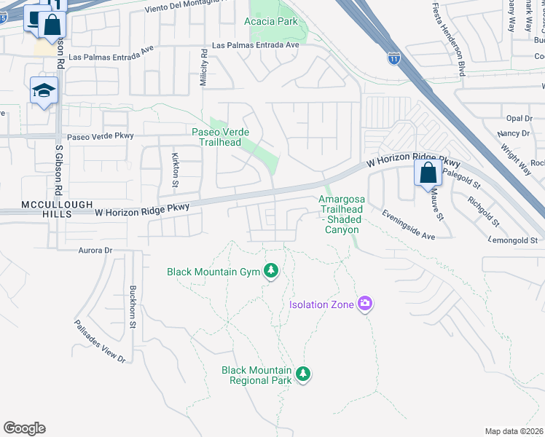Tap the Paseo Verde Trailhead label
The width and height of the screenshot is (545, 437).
point(221,137)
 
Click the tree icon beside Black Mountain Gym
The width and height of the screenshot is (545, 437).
point(271,272)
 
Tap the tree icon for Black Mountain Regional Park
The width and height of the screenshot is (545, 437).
point(303,374)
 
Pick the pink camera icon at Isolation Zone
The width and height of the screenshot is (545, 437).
point(365,304)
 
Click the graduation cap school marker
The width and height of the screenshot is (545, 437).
point(44,91)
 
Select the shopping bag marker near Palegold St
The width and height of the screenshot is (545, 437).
point(428,174)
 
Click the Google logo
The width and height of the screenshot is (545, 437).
point(24,428)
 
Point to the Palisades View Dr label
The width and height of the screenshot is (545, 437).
point(100,340)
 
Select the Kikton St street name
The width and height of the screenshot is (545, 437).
point(175,169)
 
